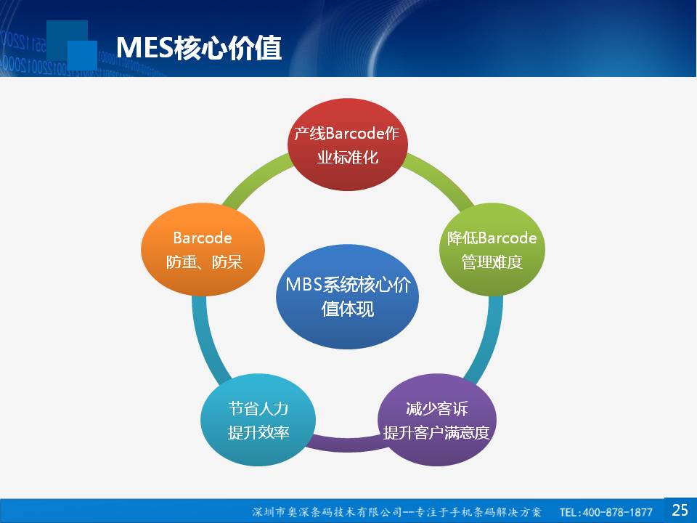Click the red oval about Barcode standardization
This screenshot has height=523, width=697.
click(348, 145)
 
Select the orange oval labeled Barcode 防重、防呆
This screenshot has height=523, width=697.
click(203, 249)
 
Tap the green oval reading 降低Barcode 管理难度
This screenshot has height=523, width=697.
click(492, 249)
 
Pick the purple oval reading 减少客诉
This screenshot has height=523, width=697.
click(437, 420)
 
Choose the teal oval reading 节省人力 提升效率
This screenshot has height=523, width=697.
click(258, 420)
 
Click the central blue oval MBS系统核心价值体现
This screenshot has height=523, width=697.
click(347, 296)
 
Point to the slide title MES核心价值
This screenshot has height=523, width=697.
click(199, 48)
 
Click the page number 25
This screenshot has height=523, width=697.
click(680, 510)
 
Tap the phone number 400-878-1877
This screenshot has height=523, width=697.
click(617, 512)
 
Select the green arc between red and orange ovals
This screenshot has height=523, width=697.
click(255, 179)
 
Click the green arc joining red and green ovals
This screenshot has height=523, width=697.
click(441, 178)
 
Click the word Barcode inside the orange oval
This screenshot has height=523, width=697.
click(203, 238)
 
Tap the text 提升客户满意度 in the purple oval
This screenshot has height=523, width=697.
click(436, 432)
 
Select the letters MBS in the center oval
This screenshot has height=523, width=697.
click(303, 285)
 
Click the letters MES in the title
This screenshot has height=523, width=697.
click(145, 48)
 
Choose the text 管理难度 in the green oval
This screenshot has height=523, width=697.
click(492, 262)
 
